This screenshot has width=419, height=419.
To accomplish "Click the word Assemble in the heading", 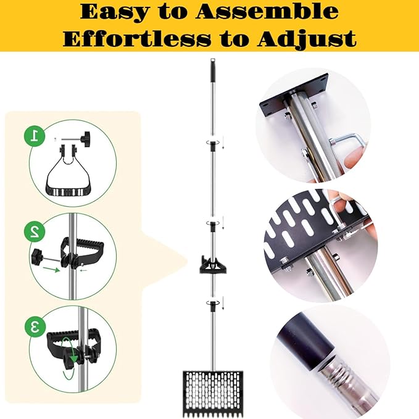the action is [x=267, y=12].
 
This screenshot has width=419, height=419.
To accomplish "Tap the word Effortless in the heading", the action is [x=137, y=39].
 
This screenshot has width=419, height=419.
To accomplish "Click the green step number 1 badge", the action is [x=34, y=136].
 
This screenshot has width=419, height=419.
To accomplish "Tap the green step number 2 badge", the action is [x=34, y=231].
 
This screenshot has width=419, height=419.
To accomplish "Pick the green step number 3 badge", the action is [x=35, y=326].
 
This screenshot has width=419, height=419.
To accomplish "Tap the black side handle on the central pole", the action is [x=213, y=264].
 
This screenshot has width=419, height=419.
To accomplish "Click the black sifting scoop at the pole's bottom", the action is [x=213, y=394].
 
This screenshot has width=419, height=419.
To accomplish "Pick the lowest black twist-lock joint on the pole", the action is [x=213, y=306].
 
